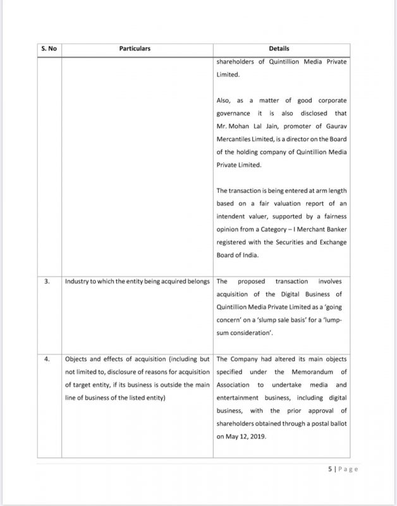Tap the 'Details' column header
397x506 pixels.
tap(281, 49)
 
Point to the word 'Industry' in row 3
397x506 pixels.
tap(78, 281)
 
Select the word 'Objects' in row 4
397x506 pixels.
tap(78, 359)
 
